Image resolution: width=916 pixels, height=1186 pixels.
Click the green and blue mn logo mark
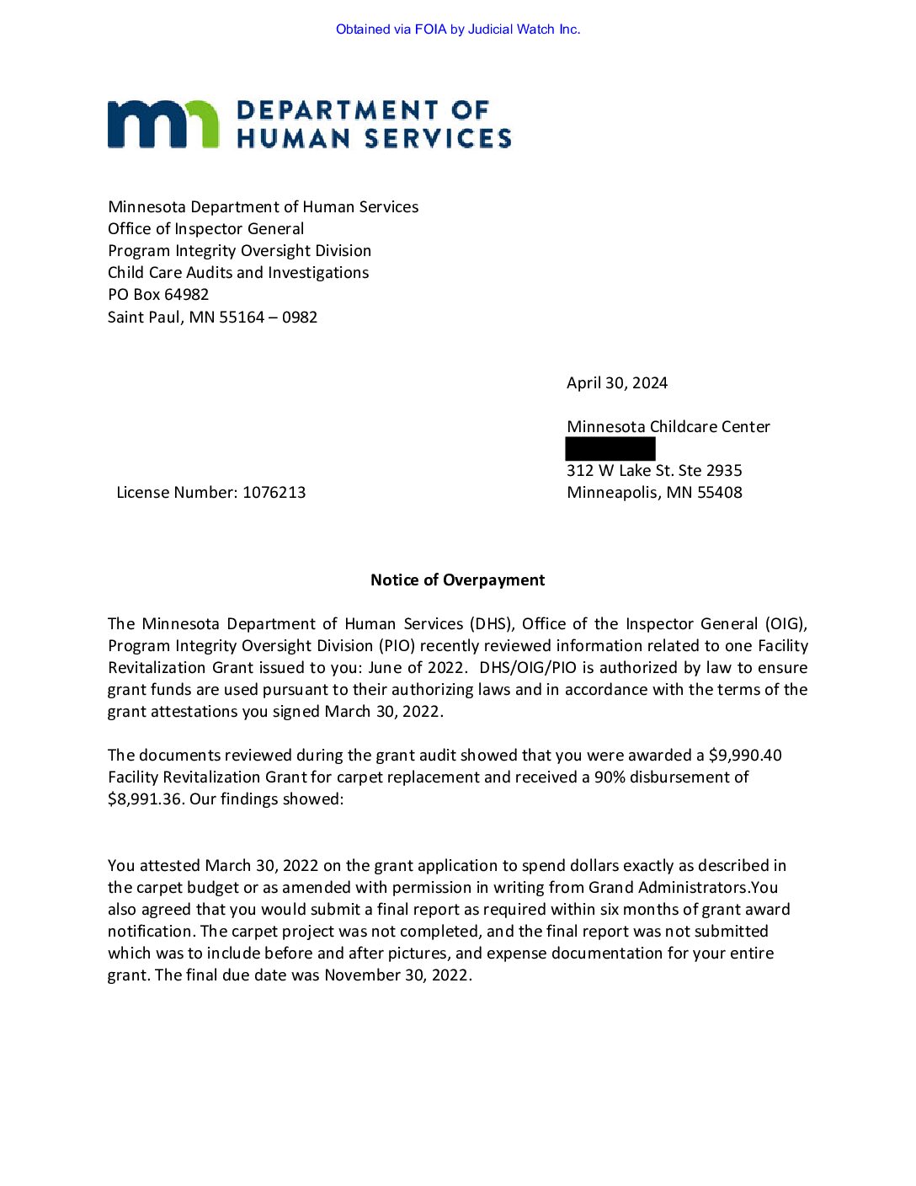(162, 125)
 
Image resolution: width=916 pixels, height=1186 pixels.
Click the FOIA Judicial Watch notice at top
(458, 29)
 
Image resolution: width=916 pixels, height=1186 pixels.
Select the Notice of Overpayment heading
(457, 580)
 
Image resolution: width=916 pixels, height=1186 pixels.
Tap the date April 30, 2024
(617, 383)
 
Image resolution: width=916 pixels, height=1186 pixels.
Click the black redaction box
(610, 449)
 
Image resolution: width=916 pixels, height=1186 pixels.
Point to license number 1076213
(274, 493)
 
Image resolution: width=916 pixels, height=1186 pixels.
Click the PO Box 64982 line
(158, 295)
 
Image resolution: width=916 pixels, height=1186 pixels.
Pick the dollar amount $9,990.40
(745, 756)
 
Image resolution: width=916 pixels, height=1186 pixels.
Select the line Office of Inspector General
(205, 229)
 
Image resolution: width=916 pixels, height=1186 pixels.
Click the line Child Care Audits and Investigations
(238, 273)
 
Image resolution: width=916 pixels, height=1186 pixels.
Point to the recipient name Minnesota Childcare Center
(668, 427)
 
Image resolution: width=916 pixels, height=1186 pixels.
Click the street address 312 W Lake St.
(620, 471)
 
